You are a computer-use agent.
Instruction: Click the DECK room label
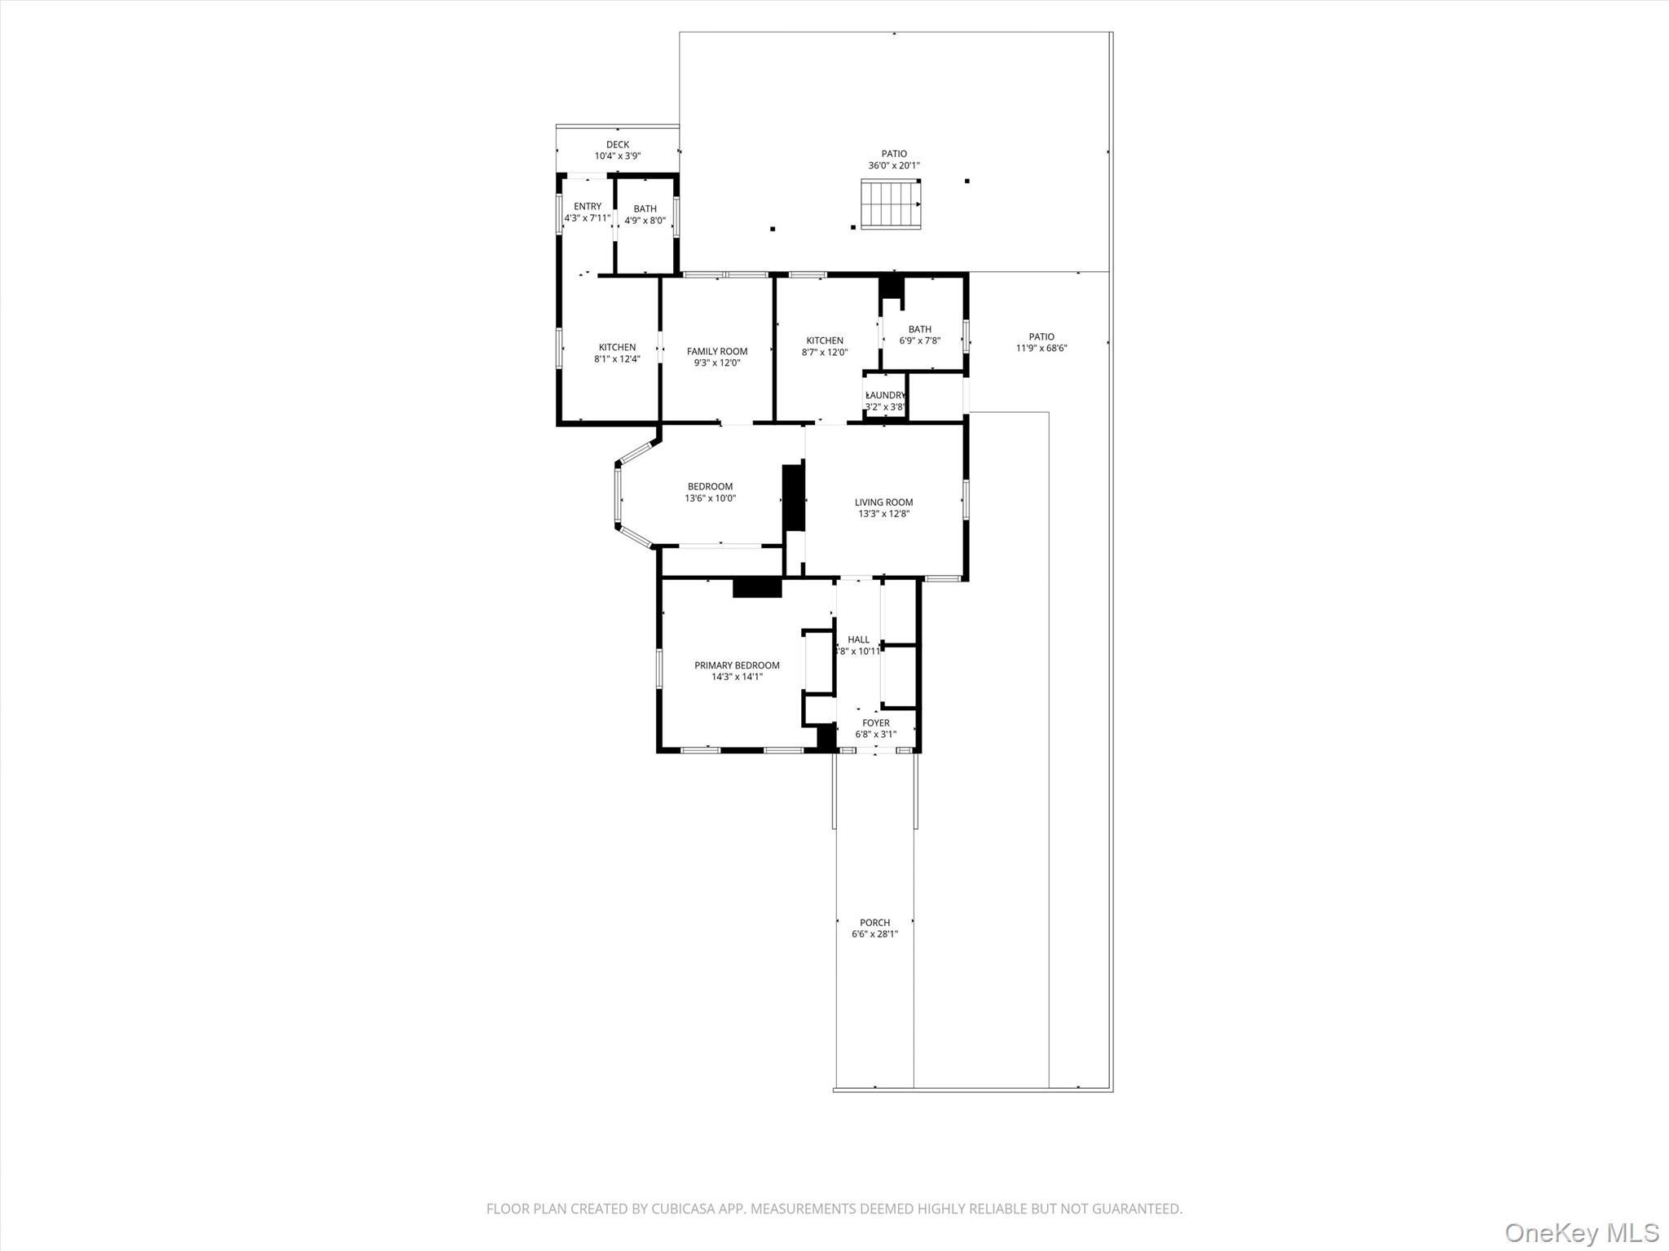click(x=618, y=145)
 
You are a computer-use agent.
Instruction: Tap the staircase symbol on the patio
click(x=891, y=204)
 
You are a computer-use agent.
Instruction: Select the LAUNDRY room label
click(x=885, y=396)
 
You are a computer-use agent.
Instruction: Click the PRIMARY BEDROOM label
click(x=737, y=665)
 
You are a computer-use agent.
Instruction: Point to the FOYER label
click(x=876, y=723)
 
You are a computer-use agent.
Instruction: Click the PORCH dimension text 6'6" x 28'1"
click(x=875, y=934)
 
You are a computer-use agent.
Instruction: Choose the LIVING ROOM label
click(x=883, y=503)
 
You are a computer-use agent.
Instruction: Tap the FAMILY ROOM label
click(x=717, y=352)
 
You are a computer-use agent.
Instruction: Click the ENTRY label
click(x=588, y=207)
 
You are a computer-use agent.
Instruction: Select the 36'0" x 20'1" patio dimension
click(x=894, y=165)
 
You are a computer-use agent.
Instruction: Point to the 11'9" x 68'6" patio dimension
click(x=1041, y=349)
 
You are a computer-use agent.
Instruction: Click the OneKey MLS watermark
click(x=1582, y=1232)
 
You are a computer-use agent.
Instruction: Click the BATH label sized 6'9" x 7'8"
click(x=920, y=330)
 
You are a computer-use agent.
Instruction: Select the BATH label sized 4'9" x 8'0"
click(x=645, y=209)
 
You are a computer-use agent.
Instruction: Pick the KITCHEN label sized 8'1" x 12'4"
click(x=617, y=348)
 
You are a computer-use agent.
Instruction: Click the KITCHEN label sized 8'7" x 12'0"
click(x=825, y=341)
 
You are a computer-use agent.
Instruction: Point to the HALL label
click(x=859, y=640)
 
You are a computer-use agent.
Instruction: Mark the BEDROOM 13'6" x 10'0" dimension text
click(x=710, y=498)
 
